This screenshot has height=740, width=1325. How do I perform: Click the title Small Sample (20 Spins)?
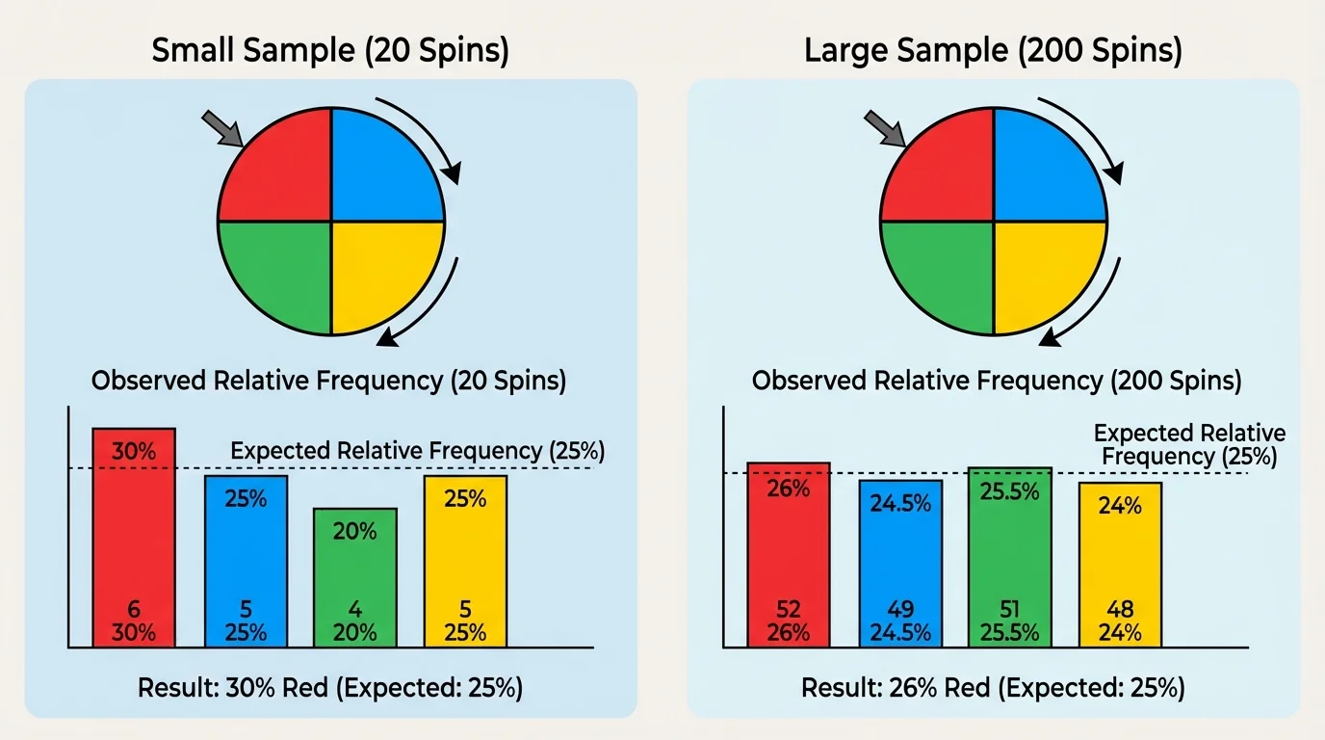[x=330, y=51]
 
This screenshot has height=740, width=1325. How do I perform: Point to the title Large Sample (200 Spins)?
[x=993, y=51]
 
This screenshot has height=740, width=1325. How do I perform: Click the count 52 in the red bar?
[x=789, y=609]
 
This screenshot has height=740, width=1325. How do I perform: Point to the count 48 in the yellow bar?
[x=1120, y=609]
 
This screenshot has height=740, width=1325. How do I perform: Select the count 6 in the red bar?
[x=134, y=609]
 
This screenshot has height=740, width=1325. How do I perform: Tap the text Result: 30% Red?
[x=330, y=688]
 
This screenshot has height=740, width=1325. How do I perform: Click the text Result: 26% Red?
[x=993, y=688]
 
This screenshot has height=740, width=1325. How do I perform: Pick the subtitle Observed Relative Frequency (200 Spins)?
[x=997, y=381]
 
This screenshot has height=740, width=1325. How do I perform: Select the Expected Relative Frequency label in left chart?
[x=418, y=450]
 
